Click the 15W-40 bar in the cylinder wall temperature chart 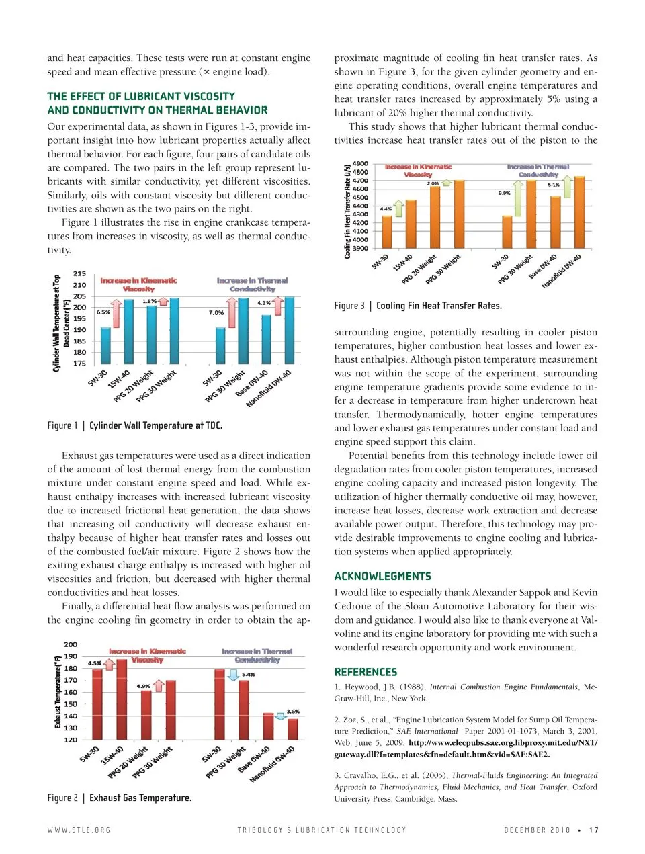[x=128, y=332]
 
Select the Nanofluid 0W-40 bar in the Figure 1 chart [x=289, y=331]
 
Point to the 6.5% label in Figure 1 [x=103, y=312]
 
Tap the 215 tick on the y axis [x=79, y=274]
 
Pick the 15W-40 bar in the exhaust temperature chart [x=122, y=699]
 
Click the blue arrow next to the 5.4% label [x=233, y=674]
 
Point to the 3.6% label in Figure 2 [x=293, y=711]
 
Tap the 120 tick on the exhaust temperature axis [x=71, y=740]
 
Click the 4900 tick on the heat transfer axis [x=360, y=163]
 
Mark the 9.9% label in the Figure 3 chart [x=504, y=193]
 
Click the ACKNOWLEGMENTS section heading [x=382, y=576]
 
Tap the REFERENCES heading [x=365, y=672]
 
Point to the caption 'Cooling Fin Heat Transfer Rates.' [x=439, y=306]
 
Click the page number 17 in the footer [x=593, y=830]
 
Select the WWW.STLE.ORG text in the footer [x=79, y=830]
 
